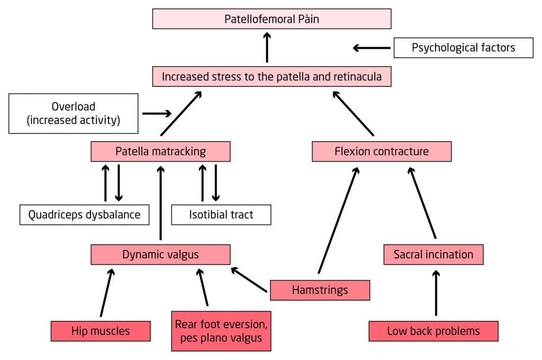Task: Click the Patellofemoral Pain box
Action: [x=272, y=19]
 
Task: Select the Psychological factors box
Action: [x=463, y=48]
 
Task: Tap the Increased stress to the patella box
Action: [x=272, y=76]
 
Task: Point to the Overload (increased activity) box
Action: [x=74, y=113]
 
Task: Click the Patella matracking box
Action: [x=160, y=151]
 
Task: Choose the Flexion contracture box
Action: [x=381, y=151]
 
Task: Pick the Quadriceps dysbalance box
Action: [x=84, y=214]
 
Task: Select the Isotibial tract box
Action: [x=221, y=214]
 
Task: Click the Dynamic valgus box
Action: [x=160, y=254]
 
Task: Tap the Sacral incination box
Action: [x=433, y=254]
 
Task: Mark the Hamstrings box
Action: [x=320, y=290]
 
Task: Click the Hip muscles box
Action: [x=100, y=331]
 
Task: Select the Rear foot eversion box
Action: [x=221, y=330]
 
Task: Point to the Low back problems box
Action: [x=433, y=331]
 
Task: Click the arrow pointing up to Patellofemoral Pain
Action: [x=267, y=47]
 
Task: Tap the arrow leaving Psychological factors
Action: [x=372, y=48]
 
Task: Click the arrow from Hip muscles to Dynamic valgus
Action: [x=106, y=293]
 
